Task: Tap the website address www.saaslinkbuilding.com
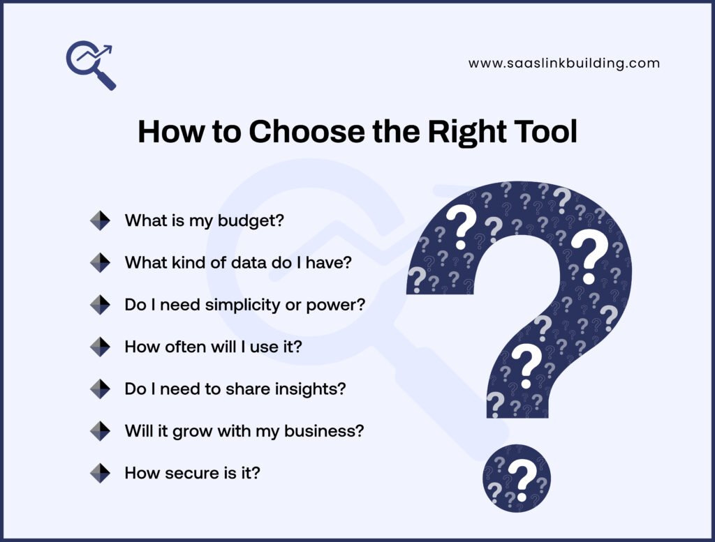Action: coord(564,63)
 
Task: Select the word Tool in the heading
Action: coord(543,131)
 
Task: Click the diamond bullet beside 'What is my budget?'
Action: coord(100,220)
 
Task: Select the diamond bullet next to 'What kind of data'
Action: coord(100,262)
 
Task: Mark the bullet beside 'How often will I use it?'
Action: coord(100,347)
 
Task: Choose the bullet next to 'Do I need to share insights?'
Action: coord(100,389)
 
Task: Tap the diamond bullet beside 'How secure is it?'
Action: coord(100,473)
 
